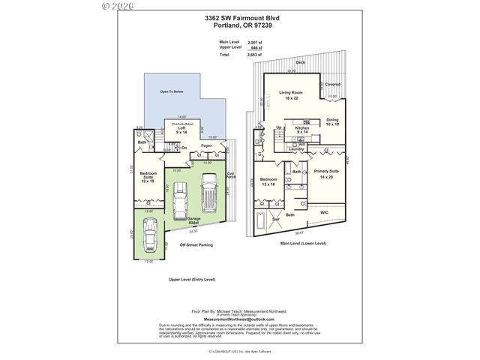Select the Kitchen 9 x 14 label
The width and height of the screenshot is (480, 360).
(x=302, y=130)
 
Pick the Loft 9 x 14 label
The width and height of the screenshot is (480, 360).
(x=181, y=130)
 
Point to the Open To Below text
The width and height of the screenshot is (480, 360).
(x=172, y=91)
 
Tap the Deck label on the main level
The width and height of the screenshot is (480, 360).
(x=300, y=62)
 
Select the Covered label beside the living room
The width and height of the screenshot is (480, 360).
(x=332, y=85)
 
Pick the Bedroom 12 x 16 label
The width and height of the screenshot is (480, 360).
(x=269, y=182)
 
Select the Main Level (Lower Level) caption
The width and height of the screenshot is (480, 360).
(x=303, y=243)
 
